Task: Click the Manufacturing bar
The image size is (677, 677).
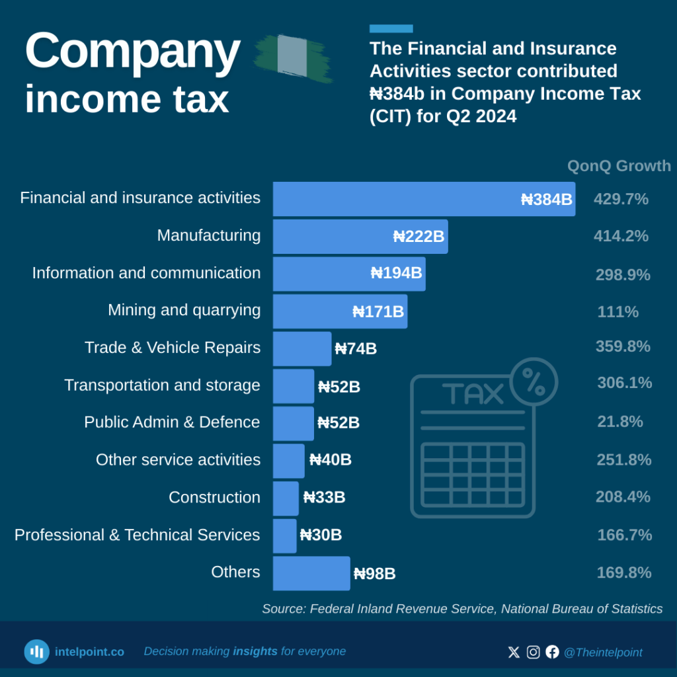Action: [x=360, y=237]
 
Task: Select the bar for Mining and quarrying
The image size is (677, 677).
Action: [x=340, y=311]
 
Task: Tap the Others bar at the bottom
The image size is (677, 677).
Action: [x=311, y=573]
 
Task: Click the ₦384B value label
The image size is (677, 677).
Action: [x=547, y=200]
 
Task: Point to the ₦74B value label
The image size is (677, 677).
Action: [x=356, y=349]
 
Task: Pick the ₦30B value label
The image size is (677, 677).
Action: [x=321, y=536]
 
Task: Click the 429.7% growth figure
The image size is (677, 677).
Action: [x=621, y=199]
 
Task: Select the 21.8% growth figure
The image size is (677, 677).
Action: [x=620, y=422]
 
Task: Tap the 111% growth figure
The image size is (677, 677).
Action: [x=618, y=312]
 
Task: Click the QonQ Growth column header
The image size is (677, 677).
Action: [x=619, y=166]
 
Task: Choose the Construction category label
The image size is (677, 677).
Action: [x=214, y=497]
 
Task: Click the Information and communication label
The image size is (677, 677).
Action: [x=146, y=273]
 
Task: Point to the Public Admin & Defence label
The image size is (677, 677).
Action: [x=172, y=422]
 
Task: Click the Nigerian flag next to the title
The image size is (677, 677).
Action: [x=292, y=58]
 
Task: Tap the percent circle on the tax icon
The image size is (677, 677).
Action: [x=534, y=381]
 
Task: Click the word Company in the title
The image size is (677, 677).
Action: [x=132, y=52]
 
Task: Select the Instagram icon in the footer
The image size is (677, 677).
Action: [x=533, y=652]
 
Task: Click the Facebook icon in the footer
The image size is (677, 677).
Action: [x=552, y=652]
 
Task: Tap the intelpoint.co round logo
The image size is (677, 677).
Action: [x=37, y=652]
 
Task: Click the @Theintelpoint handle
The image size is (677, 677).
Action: [x=603, y=653]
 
